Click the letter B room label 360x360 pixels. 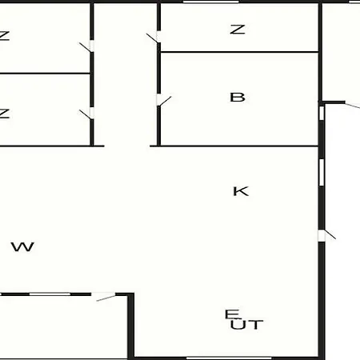coord(238,98)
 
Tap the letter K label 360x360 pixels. coord(241,191)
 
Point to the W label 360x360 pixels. coord(22,246)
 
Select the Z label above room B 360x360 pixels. coord(238,30)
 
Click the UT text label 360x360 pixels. coord(247,325)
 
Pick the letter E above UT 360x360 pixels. coord(232,314)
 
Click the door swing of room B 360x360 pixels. coord(164,101)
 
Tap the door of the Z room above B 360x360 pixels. coord(153,38)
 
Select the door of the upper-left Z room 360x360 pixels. coord(86,47)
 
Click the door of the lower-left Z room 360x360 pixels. coord(86,114)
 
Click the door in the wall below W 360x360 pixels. coord(106,298)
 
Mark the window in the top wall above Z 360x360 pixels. coord(210,2)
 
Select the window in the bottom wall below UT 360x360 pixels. coord(229,358)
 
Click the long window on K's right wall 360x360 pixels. coord(322,172)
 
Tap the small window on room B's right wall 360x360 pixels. coord(322,113)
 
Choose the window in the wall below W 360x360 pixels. coord(50,294)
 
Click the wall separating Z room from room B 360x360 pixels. coord(240,52)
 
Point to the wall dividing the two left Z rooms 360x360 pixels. coord(45,73)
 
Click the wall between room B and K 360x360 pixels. coord(234,146)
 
